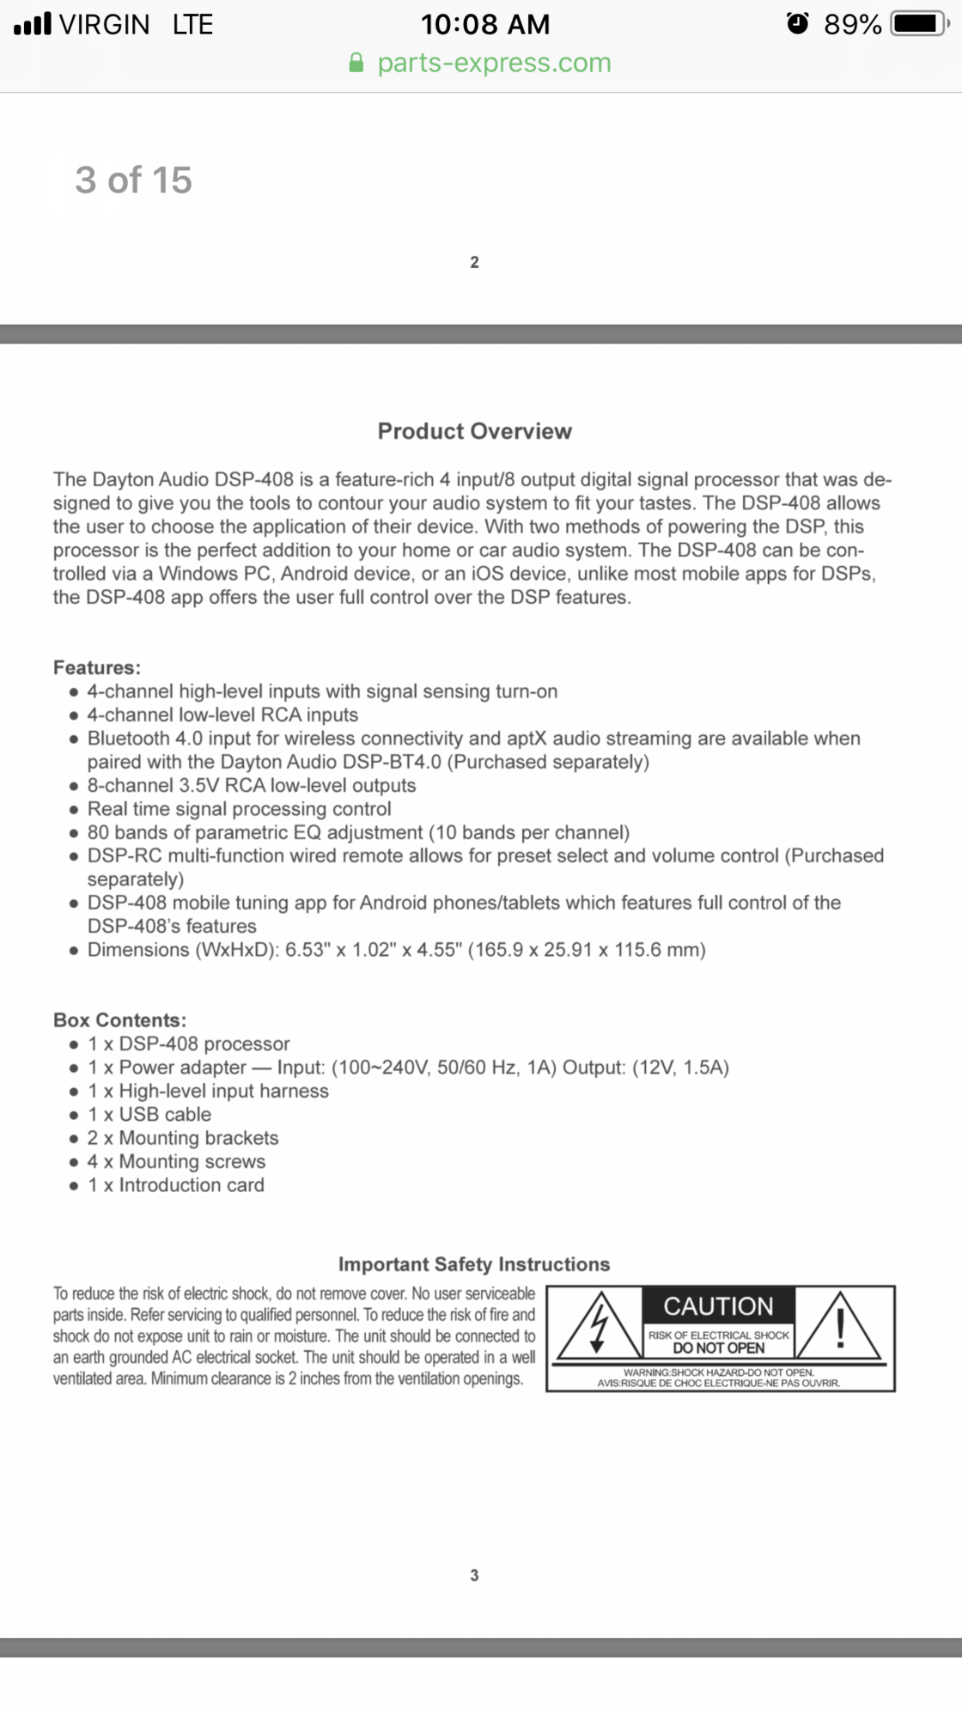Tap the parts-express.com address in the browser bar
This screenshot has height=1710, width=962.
pos(494,63)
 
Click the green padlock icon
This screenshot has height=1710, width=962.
pos(356,63)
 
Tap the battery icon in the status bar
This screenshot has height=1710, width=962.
pos(920,23)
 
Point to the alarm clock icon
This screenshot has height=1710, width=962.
pos(798,23)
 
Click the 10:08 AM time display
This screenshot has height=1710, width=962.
pos(485,24)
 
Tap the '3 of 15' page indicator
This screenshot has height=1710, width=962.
pos(133,180)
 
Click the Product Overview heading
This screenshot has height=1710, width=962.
pos(474,431)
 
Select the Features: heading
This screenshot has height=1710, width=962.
pos(97,667)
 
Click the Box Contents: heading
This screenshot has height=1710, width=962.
pos(119,1020)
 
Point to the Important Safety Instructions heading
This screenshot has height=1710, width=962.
pos(474,1264)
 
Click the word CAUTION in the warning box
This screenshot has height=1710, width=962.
pos(718,1306)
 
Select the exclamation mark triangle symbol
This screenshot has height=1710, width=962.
pos(841,1327)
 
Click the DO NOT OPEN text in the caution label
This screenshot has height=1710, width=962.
pos(718,1348)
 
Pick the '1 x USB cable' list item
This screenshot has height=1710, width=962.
pos(149,1115)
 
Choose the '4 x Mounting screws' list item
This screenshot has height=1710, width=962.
pos(176,1162)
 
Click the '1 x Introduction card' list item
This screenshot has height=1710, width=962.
pos(176,1185)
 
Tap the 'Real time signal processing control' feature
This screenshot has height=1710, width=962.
pos(239,809)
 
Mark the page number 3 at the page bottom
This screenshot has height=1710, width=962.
pos(474,1575)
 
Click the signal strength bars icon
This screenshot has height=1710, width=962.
pos(33,23)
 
